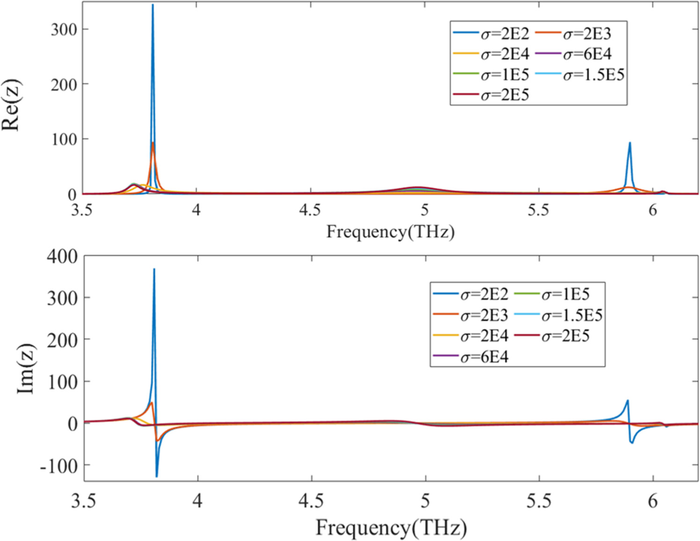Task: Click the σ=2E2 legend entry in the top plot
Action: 491,34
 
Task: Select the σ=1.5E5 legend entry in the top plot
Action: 580,75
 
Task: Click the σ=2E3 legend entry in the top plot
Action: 573,34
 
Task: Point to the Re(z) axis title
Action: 11,106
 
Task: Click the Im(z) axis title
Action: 25,369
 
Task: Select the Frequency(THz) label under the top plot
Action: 390,232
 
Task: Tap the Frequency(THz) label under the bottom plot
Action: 391,528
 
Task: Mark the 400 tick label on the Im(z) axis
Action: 62,256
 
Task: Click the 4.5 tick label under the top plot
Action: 310,210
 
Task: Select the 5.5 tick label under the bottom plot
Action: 539,501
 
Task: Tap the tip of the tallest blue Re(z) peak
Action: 152,5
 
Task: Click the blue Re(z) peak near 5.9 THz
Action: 630,143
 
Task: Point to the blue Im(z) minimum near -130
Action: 157,477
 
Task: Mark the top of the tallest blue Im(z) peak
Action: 154,269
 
